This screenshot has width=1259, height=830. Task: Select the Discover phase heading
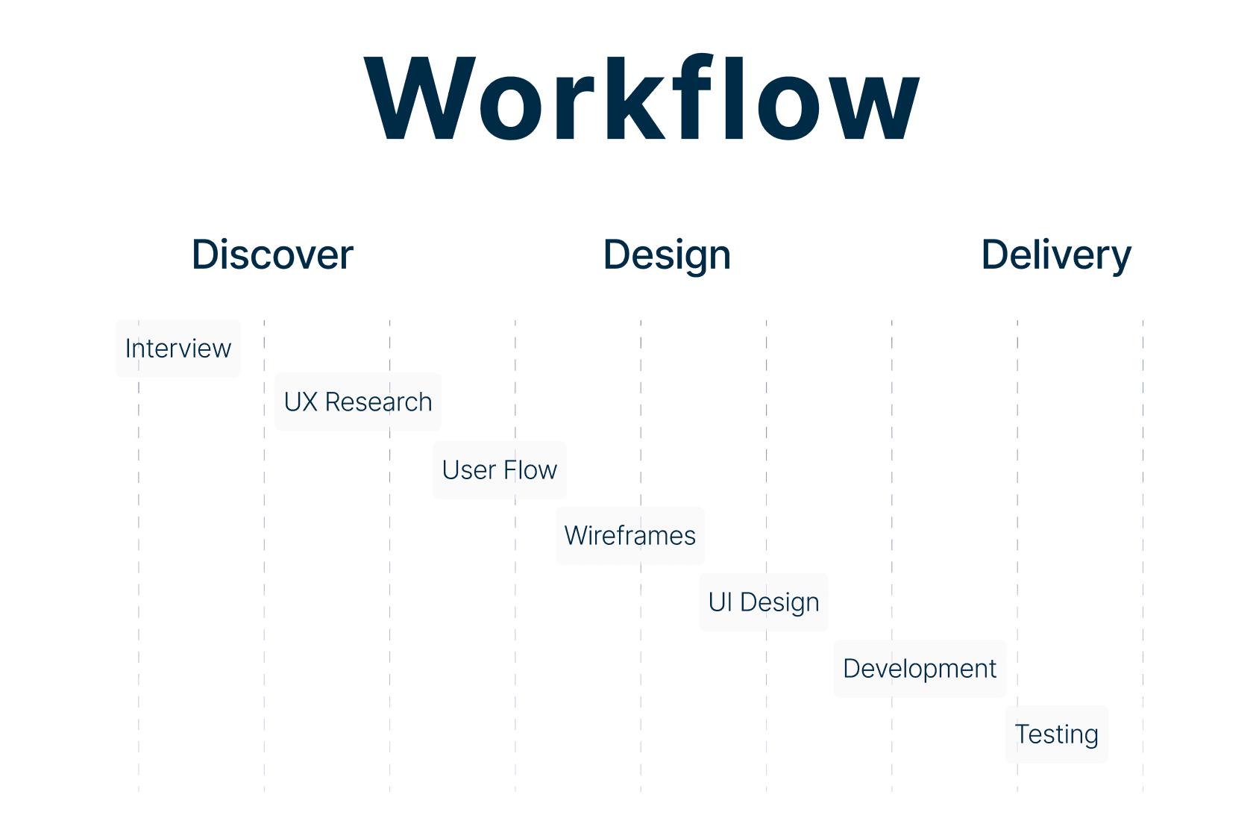pos(272,255)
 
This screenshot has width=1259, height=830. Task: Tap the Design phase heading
pos(667,255)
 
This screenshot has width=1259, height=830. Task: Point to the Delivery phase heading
pos(1056,255)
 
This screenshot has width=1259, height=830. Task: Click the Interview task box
pos(178,349)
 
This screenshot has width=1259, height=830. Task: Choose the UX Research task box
pos(358,402)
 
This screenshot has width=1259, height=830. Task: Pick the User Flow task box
pos(500,470)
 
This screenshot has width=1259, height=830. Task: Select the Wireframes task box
pos(630,536)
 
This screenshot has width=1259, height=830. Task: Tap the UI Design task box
pos(764,602)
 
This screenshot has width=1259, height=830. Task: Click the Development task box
pos(920,669)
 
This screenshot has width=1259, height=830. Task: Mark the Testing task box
pos(1056,734)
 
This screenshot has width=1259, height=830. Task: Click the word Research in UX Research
pos(378,402)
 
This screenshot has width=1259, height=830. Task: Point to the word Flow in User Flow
pos(530,470)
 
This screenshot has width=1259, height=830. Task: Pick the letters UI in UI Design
pos(720,602)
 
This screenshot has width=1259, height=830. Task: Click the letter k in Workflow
pos(633,99)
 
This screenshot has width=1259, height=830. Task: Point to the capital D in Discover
pos(208,255)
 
